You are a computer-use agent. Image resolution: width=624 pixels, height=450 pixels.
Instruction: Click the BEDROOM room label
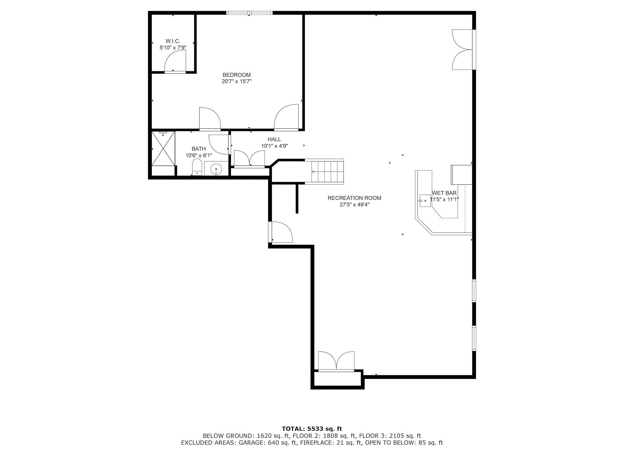[236, 75]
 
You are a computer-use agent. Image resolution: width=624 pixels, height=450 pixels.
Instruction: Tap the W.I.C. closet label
[173, 41]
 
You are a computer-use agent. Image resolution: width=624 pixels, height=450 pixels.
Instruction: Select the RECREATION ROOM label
[354, 198]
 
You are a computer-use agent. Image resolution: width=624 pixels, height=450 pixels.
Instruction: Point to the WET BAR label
[444, 193]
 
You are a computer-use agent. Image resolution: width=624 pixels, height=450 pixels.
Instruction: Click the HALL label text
[274, 140]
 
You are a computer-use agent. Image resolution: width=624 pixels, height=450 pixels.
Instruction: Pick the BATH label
[199, 149]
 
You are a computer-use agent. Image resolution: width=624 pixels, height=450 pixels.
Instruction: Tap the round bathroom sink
[216, 168]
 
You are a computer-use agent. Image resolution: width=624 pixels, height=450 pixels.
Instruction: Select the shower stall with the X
[163, 149]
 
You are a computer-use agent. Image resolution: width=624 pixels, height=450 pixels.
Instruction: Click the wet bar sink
[425, 201]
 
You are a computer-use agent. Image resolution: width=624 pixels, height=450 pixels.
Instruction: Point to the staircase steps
[327, 172]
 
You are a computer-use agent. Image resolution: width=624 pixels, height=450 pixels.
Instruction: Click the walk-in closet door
[175, 62]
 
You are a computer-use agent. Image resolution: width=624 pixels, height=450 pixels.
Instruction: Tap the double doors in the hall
[249, 159]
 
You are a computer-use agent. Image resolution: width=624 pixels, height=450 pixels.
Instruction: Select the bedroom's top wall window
[250, 13]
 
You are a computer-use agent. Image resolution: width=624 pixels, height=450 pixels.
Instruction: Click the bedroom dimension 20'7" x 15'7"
[236, 82]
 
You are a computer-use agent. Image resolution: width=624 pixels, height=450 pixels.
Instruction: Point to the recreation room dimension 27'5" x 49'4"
[354, 205]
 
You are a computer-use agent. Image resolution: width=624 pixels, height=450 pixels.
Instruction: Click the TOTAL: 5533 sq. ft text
[312, 429]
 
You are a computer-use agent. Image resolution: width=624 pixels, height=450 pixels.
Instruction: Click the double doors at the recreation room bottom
[336, 361]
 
